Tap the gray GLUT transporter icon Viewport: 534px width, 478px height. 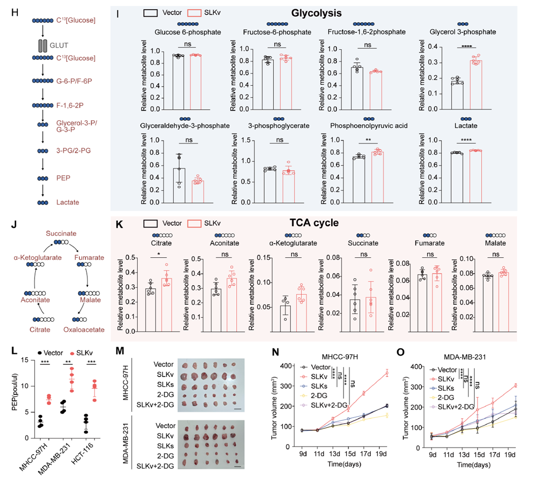43,46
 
